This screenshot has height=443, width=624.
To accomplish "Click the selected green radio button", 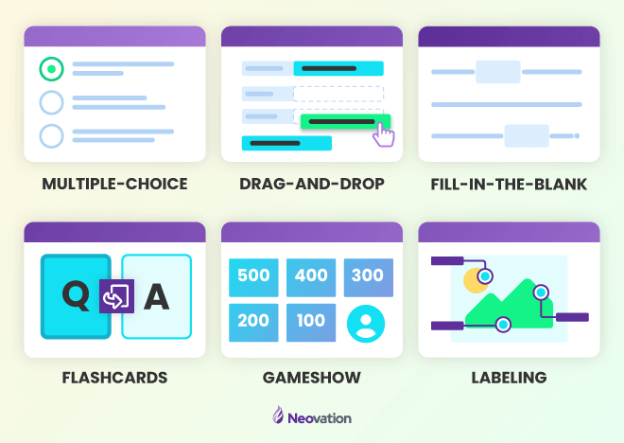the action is point(51,69).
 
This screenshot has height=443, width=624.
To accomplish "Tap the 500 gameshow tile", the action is point(253,277).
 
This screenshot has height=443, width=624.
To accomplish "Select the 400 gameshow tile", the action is point(311,277).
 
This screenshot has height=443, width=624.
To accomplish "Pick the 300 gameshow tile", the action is point(369,277).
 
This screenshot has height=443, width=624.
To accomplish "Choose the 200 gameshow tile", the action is point(253,322).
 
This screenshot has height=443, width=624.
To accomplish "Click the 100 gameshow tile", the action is point(311,322).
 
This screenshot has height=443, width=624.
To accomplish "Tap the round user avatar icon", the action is point(366,324).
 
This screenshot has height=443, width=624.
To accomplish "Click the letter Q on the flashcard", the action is point(77,296).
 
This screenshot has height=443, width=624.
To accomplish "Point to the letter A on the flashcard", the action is point(156,296).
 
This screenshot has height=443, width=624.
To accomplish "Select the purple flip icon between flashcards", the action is point(116,296).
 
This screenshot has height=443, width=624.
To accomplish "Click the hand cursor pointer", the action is point(383,134).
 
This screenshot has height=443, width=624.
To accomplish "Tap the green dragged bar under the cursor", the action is point(345,121).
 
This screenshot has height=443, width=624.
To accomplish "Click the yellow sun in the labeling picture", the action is point(476,281).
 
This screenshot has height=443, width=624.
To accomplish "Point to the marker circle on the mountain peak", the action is point(541,292).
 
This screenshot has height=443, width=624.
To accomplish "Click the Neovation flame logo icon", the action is point(278,415).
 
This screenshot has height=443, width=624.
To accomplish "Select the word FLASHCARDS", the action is point(114,378).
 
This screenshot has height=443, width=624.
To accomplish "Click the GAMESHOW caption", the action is point(312,378).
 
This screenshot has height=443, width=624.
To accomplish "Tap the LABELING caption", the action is point(509,378).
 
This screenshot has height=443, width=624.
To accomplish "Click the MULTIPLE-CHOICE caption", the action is point(114,184).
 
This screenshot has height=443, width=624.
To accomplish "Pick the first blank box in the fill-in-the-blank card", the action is point(498,72).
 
